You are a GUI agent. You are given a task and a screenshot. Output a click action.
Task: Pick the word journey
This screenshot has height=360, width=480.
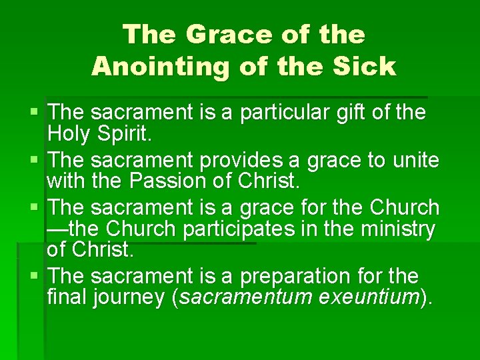click(x=129, y=297)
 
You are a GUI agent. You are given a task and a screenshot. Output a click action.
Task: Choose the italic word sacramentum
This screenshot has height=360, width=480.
click(x=243, y=297)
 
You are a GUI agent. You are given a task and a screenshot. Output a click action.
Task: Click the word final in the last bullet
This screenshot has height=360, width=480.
click(x=67, y=297)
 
